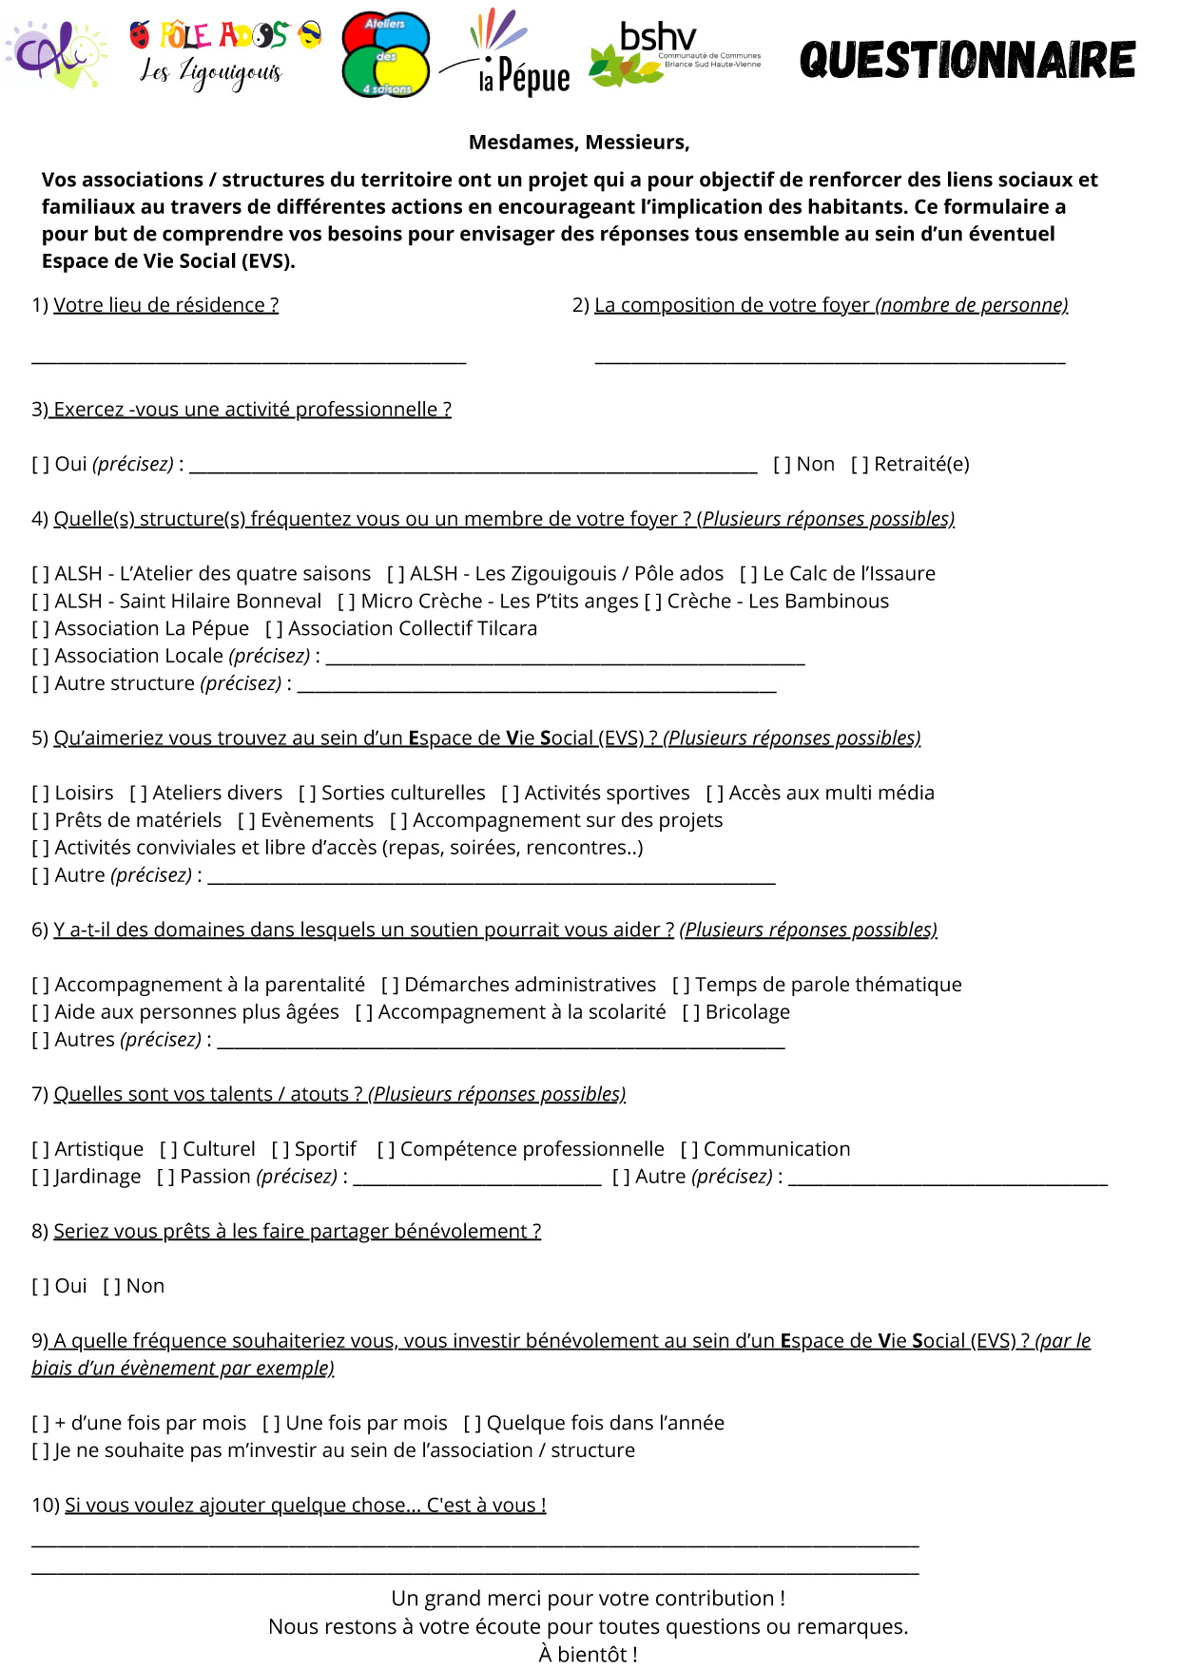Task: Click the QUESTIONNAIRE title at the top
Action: pos(967,60)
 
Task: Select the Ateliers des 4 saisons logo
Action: pos(385,55)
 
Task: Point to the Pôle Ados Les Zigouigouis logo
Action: pos(224,55)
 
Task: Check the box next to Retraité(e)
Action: pos(860,465)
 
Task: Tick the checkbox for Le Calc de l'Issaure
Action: pos(748,574)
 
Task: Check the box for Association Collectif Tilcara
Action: pos(274,629)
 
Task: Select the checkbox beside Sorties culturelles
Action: pos(307,794)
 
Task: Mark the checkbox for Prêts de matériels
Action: pos(40,821)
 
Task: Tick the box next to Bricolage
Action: pos(691,1013)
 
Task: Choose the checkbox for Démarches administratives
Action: pos(390,986)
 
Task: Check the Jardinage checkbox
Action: pos(40,1178)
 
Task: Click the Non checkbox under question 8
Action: pos(111,1287)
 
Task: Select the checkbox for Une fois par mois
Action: pos(271,1424)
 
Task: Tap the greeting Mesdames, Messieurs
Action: pos(579,143)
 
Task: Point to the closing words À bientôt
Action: pos(588,1655)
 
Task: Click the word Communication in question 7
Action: pos(777,1149)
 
